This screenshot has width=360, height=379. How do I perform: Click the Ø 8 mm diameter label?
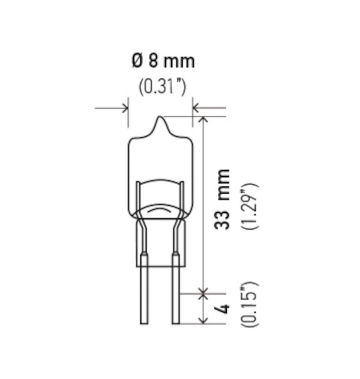(163, 62)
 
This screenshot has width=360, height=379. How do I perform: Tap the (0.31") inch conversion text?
(162, 87)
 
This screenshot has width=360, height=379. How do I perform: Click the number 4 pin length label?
(222, 309)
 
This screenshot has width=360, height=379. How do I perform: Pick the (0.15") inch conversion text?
(249, 305)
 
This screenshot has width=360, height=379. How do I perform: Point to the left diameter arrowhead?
(125, 108)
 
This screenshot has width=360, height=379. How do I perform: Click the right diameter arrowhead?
(196, 108)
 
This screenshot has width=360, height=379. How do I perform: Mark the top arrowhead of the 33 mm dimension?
(203, 119)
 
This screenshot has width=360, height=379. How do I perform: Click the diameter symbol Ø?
(136, 62)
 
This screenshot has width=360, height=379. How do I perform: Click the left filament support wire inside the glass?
(138, 199)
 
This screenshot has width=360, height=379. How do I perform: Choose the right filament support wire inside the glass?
(182, 199)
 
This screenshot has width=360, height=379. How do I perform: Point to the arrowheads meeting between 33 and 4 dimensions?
(203, 294)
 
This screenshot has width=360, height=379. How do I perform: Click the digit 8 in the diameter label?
(154, 62)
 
